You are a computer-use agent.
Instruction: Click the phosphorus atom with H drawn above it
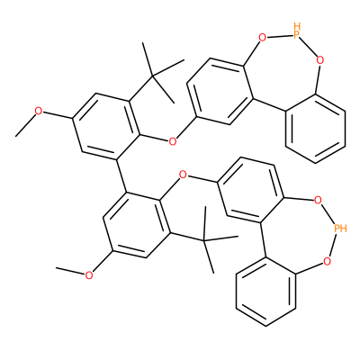pos(297,35)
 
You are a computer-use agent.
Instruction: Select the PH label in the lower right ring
pos(340,229)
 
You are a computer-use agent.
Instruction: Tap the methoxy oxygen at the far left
pos(39,111)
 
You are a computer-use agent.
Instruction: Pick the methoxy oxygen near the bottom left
pos(88,275)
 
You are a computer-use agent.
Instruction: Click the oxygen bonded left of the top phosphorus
pos(262,38)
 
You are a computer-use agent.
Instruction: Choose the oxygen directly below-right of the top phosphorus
pos(320,60)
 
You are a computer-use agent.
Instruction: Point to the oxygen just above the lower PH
pos(318,200)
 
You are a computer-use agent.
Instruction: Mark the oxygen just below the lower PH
pos(327,262)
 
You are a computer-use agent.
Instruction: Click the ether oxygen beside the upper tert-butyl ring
pos(172,141)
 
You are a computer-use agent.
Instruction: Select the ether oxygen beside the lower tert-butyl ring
pos(183,174)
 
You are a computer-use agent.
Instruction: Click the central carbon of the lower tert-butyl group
pos(204,240)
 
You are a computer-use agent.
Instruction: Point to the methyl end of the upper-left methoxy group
pos(16,137)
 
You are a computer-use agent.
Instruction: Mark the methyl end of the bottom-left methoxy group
pos(56,268)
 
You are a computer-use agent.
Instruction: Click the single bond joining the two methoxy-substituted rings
pos(121,175)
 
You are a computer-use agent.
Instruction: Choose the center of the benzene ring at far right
pos(315,129)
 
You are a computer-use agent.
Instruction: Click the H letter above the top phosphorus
pos(297,25)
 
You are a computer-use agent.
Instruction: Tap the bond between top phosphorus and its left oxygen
pos(280,37)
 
